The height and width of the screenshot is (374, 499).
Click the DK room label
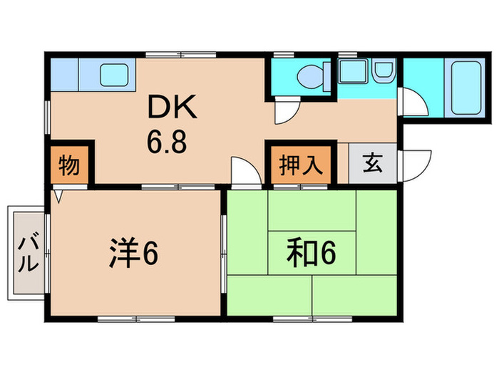pyautogui.click(x=168, y=108)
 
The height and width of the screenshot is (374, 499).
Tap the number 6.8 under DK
pyautogui.click(x=168, y=140)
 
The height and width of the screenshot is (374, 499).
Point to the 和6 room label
pyautogui.click(x=311, y=253)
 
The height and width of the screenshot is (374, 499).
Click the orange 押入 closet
pyautogui.click(x=299, y=163)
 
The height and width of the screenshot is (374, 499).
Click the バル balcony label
pyautogui.click(x=26, y=251)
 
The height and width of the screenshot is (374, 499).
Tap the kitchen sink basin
pyautogui.click(x=112, y=74)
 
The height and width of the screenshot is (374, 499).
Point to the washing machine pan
pyautogui.click(x=350, y=72)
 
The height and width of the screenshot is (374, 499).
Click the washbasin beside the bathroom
pyautogui.click(x=383, y=72)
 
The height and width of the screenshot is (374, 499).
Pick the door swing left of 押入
pyautogui.click(x=245, y=172)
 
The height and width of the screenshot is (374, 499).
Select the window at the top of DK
pyautogui.click(x=180, y=53)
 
